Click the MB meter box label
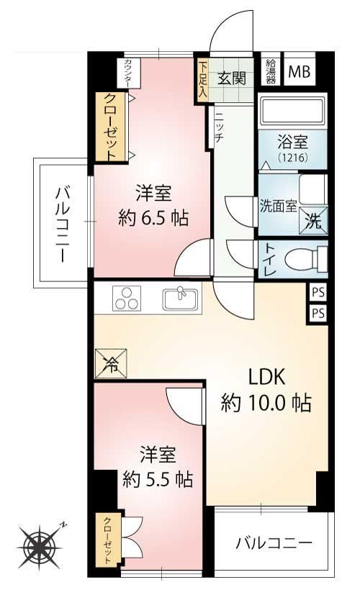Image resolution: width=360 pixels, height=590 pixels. (300, 71)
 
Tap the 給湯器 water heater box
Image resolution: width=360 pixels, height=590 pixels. (271, 71)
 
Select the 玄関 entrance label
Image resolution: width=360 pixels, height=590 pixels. (232, 78)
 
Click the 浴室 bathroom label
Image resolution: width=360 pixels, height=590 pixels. (292, 142)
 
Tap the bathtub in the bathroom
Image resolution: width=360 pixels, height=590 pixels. (292, 112)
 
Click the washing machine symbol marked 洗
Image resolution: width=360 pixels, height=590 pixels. (313, 220)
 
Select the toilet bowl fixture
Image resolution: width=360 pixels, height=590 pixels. (306, 259)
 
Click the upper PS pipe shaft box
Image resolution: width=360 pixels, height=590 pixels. (318, 292)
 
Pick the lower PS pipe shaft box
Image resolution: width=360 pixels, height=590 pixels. (318, 313)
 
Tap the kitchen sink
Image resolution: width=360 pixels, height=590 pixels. (181, 299)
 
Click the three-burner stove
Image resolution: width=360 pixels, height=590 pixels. (127, 298)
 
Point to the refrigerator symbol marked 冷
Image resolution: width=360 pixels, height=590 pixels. (111, 363)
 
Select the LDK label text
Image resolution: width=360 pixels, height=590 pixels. (266, 376)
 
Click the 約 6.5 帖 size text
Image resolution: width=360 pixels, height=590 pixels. (153, 218)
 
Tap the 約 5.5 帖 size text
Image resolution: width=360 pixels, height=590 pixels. (158, 479)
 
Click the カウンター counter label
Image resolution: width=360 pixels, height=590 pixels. (128, 73)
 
